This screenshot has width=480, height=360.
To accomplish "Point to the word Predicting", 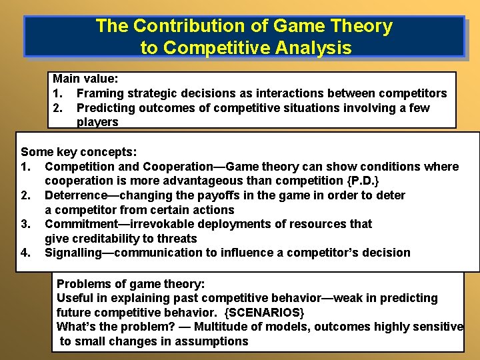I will coord(109,108).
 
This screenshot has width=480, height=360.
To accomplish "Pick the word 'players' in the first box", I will coord(97,122).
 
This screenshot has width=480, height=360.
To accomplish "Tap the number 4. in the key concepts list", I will coord(26,253).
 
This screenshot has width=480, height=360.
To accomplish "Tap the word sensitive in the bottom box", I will coord(437,327).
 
